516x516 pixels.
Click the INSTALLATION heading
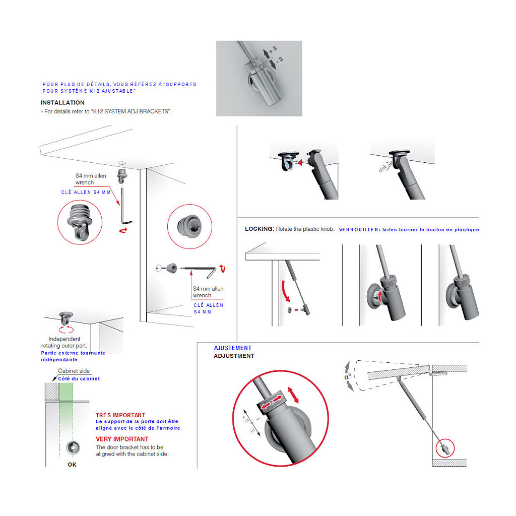pos(62,103)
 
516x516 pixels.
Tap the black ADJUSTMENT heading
pos(234,356)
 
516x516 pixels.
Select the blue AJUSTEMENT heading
pos(233,348)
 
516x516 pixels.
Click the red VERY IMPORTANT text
pos(122,439)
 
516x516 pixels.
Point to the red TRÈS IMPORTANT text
pos(120,415)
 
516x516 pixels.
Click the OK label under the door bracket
pos(72,464)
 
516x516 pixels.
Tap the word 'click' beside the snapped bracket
pos(383,168)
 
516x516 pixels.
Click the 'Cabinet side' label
pos(74,371)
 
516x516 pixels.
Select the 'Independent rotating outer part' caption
pos(64,342)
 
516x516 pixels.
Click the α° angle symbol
pos(348,376)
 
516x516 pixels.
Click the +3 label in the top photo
pos(273,50)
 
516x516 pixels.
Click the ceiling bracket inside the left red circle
pos(79,222)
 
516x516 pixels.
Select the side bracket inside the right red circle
pos(189,226)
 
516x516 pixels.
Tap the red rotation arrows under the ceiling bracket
pos(66,330)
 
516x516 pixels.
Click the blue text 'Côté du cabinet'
pos(79,379)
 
